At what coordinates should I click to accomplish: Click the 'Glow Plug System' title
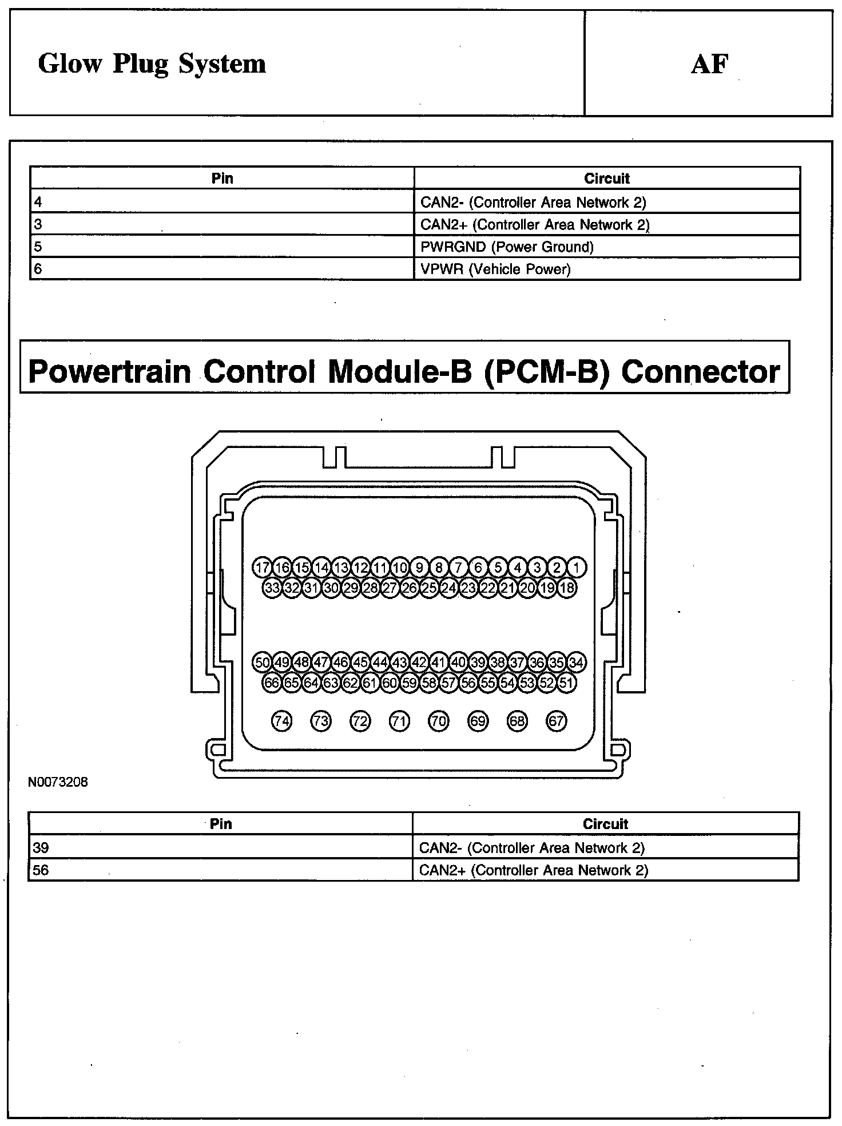pos(152,64)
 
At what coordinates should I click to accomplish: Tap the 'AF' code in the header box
pos(709,64)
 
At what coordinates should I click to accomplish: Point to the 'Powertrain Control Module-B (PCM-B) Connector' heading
pos(404,371)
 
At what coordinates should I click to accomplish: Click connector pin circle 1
pos(577,568)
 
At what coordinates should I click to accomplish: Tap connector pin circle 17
pos(263,568)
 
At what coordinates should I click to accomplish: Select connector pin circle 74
pos(281,721)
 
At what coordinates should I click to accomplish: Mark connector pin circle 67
pos(557,721)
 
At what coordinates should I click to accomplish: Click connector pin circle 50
pos(263,663)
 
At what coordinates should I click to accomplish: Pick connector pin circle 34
pos(577,663)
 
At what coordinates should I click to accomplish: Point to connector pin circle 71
pos(399,721)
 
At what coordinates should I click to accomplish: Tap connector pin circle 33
pos(272,588)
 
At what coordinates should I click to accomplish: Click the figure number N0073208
pos(58,782)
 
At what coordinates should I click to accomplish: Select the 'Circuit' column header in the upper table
pos(606,179)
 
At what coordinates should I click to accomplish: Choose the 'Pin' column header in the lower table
pos(221,824)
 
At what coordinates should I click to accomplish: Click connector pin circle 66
pos(272,683)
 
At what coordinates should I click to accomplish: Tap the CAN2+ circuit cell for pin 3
pos(535,224)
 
